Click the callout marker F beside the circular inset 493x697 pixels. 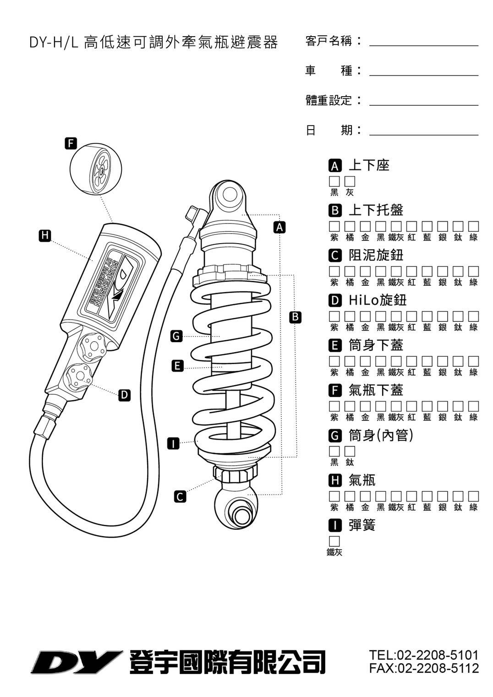pos(70,143)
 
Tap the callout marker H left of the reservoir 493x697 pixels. pos(44,235)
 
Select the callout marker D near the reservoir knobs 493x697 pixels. pos(124,395)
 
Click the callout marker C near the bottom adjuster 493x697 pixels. pos(181,496)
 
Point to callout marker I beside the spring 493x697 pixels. pos(173,443)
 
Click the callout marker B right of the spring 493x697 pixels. pos(296,317)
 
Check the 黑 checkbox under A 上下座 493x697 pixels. pos(334,181)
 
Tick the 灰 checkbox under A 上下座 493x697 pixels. pos(350,181)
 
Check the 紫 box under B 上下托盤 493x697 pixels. pos(334,226)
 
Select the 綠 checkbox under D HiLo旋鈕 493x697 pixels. pos(474,316)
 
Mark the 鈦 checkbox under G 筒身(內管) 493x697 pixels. pos(350,452)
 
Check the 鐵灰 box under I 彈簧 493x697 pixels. pos(334,541)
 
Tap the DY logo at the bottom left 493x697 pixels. pos(76,662)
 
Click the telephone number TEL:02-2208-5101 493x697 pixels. pos(424,655)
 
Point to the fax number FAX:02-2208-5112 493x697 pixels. pos(424,668)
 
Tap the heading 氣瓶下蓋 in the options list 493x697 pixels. pos(376,390)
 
